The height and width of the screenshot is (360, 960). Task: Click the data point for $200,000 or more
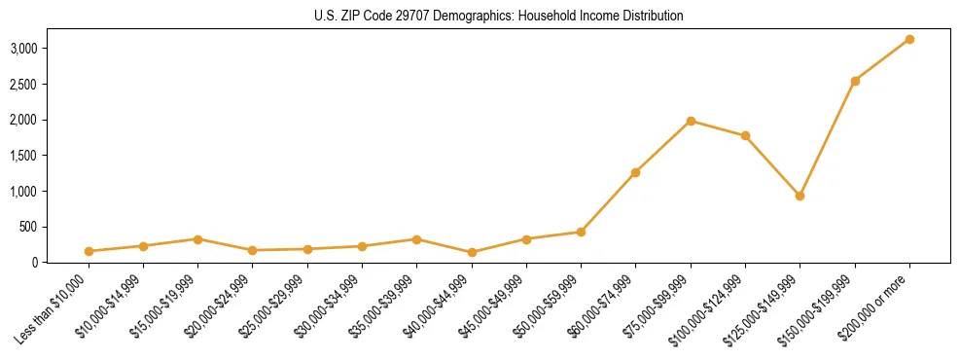[x=909, y=39]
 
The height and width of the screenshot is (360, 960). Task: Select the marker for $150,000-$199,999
[x=855, y=81]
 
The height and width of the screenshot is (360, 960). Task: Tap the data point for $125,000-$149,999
[x=800, y=196]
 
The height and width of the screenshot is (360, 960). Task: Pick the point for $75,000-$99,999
[x=691, y=121]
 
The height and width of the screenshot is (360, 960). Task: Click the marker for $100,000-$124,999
[x=745, y=135]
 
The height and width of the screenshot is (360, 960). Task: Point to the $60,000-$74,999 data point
[x=635, y=172]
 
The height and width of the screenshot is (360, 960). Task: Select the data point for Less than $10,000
[x=89, y=251]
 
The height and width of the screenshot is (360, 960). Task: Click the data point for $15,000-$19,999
[x=197, y=238]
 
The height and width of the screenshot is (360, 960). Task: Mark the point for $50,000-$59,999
[x=581, y=232]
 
